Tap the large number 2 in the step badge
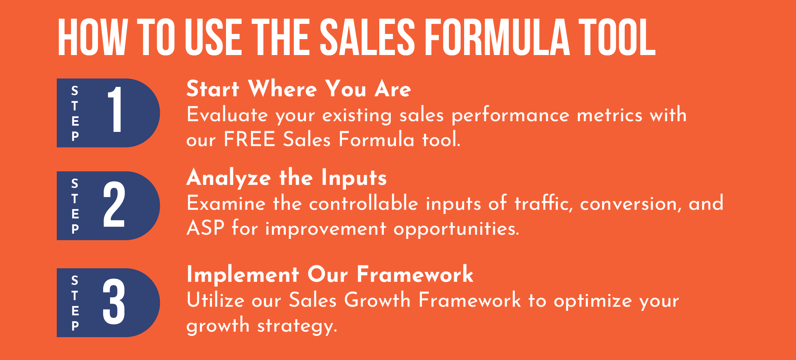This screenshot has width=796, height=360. [114, 204]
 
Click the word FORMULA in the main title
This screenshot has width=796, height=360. [497, 37]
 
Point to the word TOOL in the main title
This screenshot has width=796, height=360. [617, 37]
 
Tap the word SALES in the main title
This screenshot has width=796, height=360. [367, 37]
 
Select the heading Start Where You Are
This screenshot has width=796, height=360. [299, 89]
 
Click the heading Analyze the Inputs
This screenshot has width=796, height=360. [287, 178]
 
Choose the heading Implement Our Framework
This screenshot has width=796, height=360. [330, 274]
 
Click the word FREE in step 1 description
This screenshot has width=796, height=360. [249, 139]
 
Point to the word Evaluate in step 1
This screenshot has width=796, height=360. [227, 115]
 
